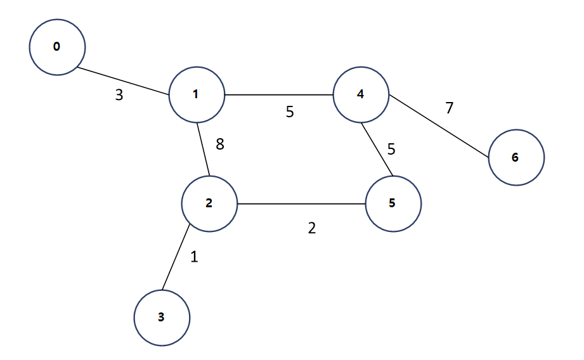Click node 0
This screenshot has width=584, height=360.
pos(57,47)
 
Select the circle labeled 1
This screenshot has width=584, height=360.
pos(197,94)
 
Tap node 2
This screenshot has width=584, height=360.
pos(209,203)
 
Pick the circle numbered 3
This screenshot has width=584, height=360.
pos(162,318)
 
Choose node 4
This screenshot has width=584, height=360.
pos(361,94)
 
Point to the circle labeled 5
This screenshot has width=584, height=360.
pos(393,204)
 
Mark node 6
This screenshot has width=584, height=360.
pos(516,157)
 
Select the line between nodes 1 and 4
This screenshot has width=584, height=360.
pos(279,95)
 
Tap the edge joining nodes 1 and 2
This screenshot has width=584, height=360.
pos(202,149)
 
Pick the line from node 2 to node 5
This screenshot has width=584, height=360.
pos(301,204)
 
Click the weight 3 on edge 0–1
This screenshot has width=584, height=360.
pos(119,96)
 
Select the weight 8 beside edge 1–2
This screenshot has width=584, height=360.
pos(220,145)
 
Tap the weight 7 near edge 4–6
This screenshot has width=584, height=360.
pos(449,108)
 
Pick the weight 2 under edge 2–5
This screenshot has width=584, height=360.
pos(311,228)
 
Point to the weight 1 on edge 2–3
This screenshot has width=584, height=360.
pos(194,257)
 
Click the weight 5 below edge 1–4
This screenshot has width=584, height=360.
pos(290,112)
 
